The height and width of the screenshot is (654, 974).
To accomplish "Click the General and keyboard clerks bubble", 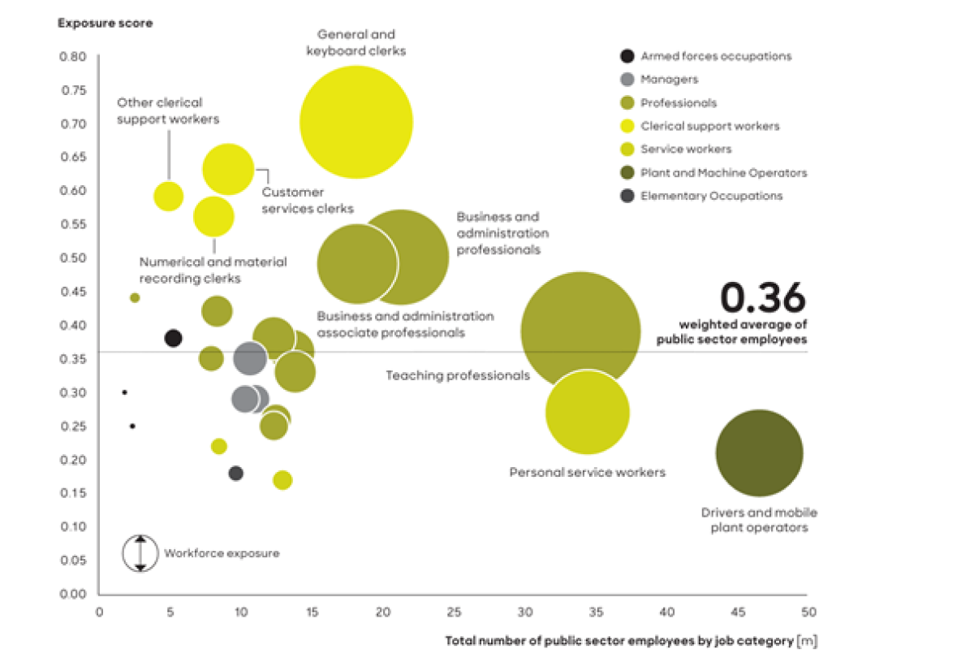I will (x=356, y=122).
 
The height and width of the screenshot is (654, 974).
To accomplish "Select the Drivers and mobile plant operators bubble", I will (x=759, y=453).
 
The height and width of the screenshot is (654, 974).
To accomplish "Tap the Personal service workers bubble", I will (x=588, y=413).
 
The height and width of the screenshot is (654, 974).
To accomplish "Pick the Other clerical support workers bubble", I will (x=168, y=196).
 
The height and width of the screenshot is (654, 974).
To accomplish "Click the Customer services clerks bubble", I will (x=228, y=169).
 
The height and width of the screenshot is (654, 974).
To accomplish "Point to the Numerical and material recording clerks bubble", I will (x=213, y=216).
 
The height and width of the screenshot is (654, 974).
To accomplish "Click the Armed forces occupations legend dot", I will (x=627, y=56).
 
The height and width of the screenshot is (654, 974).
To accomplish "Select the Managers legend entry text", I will (x=669, y=80).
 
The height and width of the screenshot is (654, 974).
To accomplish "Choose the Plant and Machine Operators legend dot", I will (x=627, y=173).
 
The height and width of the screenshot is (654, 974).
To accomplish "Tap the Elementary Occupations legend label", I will (x=711, y=196).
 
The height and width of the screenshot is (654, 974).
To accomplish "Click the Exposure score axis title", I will (x=105, y=23).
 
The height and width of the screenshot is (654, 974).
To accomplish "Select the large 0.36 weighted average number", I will (x=763, y=297).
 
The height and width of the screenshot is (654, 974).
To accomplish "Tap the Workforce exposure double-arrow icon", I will (x=140, y=553).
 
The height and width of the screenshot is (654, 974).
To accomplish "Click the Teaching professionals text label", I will (x=458, y=375).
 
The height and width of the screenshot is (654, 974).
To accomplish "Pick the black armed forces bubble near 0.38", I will (x=173, y=338).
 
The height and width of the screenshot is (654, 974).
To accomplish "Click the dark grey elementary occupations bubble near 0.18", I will (x=236, y=473).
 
